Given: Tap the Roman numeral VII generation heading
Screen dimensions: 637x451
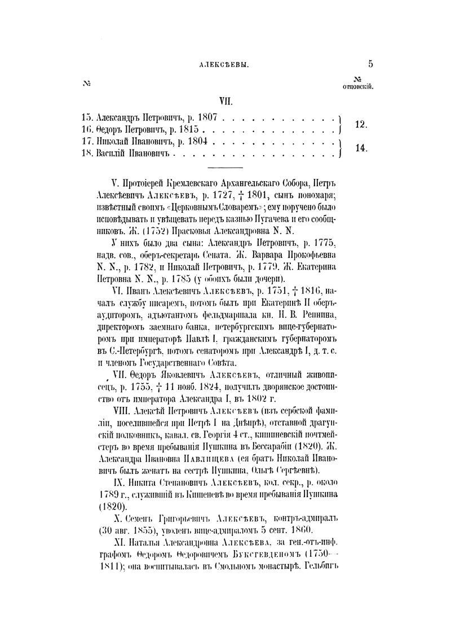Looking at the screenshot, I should pyautogui.click(x=225, y=102).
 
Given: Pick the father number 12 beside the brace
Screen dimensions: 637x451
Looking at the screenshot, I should pyautogui.click(x=361, y=125).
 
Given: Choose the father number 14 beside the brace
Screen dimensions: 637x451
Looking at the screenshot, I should pyautogui.click(x=361, y=148).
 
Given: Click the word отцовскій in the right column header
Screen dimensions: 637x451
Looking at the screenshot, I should pyautogui.click(x=359, y=87).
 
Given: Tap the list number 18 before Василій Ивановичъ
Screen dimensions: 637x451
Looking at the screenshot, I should pyautogui.click(x=87, y=153).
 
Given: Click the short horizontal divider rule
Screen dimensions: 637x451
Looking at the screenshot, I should pyautogui.click(x=225, y=167).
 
